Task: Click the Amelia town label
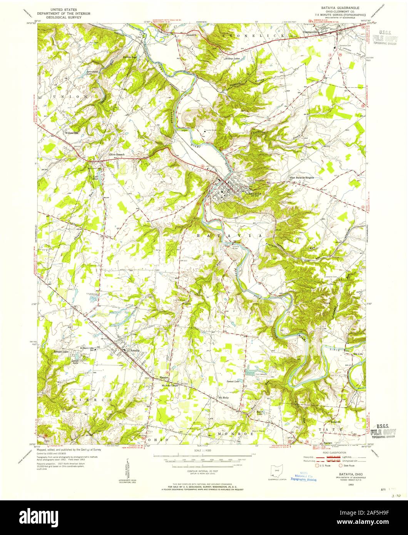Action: (x=135, y=351)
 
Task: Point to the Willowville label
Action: (x=72, y=133)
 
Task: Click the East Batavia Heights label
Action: (x=302, y=178)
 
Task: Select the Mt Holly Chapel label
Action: (x=171, y=385)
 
